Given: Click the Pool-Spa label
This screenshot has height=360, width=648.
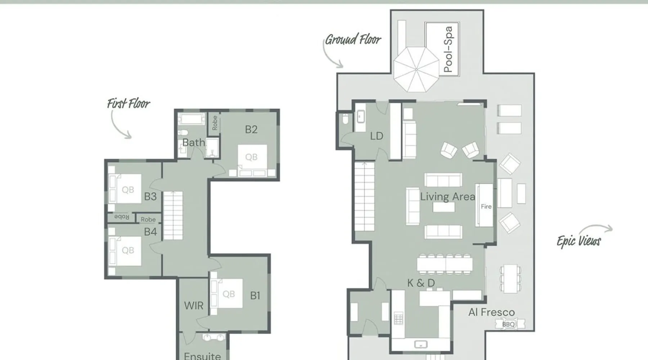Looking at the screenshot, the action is point(448,49).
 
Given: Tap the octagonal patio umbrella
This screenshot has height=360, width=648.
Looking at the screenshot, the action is point(416,69).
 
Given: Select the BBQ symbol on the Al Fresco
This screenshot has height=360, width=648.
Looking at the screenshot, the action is point(508,324).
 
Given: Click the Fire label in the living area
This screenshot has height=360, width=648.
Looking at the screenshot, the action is point(486,207).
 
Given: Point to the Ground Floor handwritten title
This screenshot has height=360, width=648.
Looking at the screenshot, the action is point(353,39).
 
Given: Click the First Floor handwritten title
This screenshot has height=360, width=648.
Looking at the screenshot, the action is point(129,104).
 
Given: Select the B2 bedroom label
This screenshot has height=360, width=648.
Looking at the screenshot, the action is point(251,130).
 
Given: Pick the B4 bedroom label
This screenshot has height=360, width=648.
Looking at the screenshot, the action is point(150,232).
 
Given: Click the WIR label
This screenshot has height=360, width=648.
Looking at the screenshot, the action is point(194,306).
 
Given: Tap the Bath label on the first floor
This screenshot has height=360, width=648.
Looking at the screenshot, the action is point(194,143).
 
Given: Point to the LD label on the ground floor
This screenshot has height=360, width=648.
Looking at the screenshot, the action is point(377,136).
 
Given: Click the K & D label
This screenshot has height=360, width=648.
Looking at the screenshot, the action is point(421,283).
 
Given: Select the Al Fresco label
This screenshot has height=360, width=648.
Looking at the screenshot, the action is point(491,312).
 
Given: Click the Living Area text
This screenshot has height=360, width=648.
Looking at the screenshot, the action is point(447,197).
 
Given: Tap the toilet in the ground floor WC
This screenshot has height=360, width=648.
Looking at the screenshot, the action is point(346,119).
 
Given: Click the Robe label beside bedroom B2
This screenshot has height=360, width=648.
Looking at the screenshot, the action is point(215,123).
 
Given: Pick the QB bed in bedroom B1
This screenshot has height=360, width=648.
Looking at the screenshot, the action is point(227,293).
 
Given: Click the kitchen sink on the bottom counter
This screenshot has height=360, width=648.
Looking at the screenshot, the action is point(420,345).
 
